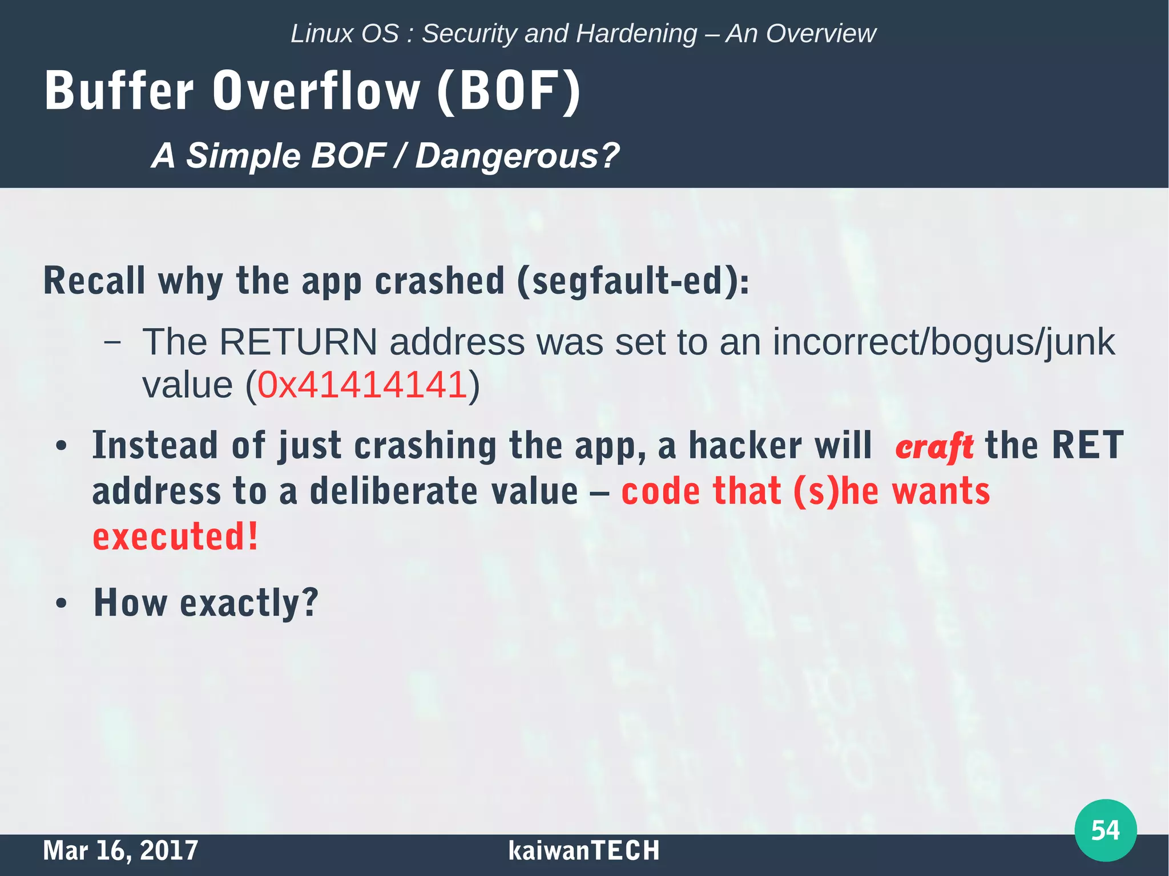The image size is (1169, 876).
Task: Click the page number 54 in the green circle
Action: tap(1105, 830)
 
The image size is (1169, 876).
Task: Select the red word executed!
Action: tap(175, 537)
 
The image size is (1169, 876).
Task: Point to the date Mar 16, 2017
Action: tap(120, 850)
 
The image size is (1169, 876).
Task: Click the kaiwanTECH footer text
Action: tap(583, 850)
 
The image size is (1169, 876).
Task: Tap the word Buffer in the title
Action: tap(119, 91)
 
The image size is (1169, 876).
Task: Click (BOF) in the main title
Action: tap(509, 91)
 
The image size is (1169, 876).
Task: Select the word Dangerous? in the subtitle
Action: tap(517, 156)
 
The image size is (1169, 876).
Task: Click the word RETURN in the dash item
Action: tap(298, 342)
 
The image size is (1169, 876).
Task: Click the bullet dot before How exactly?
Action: tap(62, 604)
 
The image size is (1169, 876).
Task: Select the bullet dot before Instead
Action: tap(62, 446)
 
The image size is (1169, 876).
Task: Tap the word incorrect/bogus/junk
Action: tap(943, 342)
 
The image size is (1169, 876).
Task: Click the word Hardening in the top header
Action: tap(636, 34)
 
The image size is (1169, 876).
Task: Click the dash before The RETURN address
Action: tap(112, 342)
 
